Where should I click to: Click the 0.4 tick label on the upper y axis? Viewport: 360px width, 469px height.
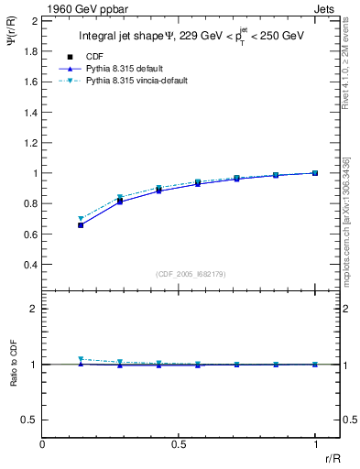point(31,265)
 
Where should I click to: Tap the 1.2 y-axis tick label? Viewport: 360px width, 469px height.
point(31,142)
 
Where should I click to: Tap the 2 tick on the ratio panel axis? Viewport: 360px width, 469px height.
point(34,310)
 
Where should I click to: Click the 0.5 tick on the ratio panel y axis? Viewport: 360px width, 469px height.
point(31,420)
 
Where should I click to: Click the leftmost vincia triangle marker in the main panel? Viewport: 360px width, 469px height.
point(81,219)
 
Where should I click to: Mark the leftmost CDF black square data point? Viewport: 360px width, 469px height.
point(81,225)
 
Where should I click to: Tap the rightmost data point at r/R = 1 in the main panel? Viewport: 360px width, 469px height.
point(315,173)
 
